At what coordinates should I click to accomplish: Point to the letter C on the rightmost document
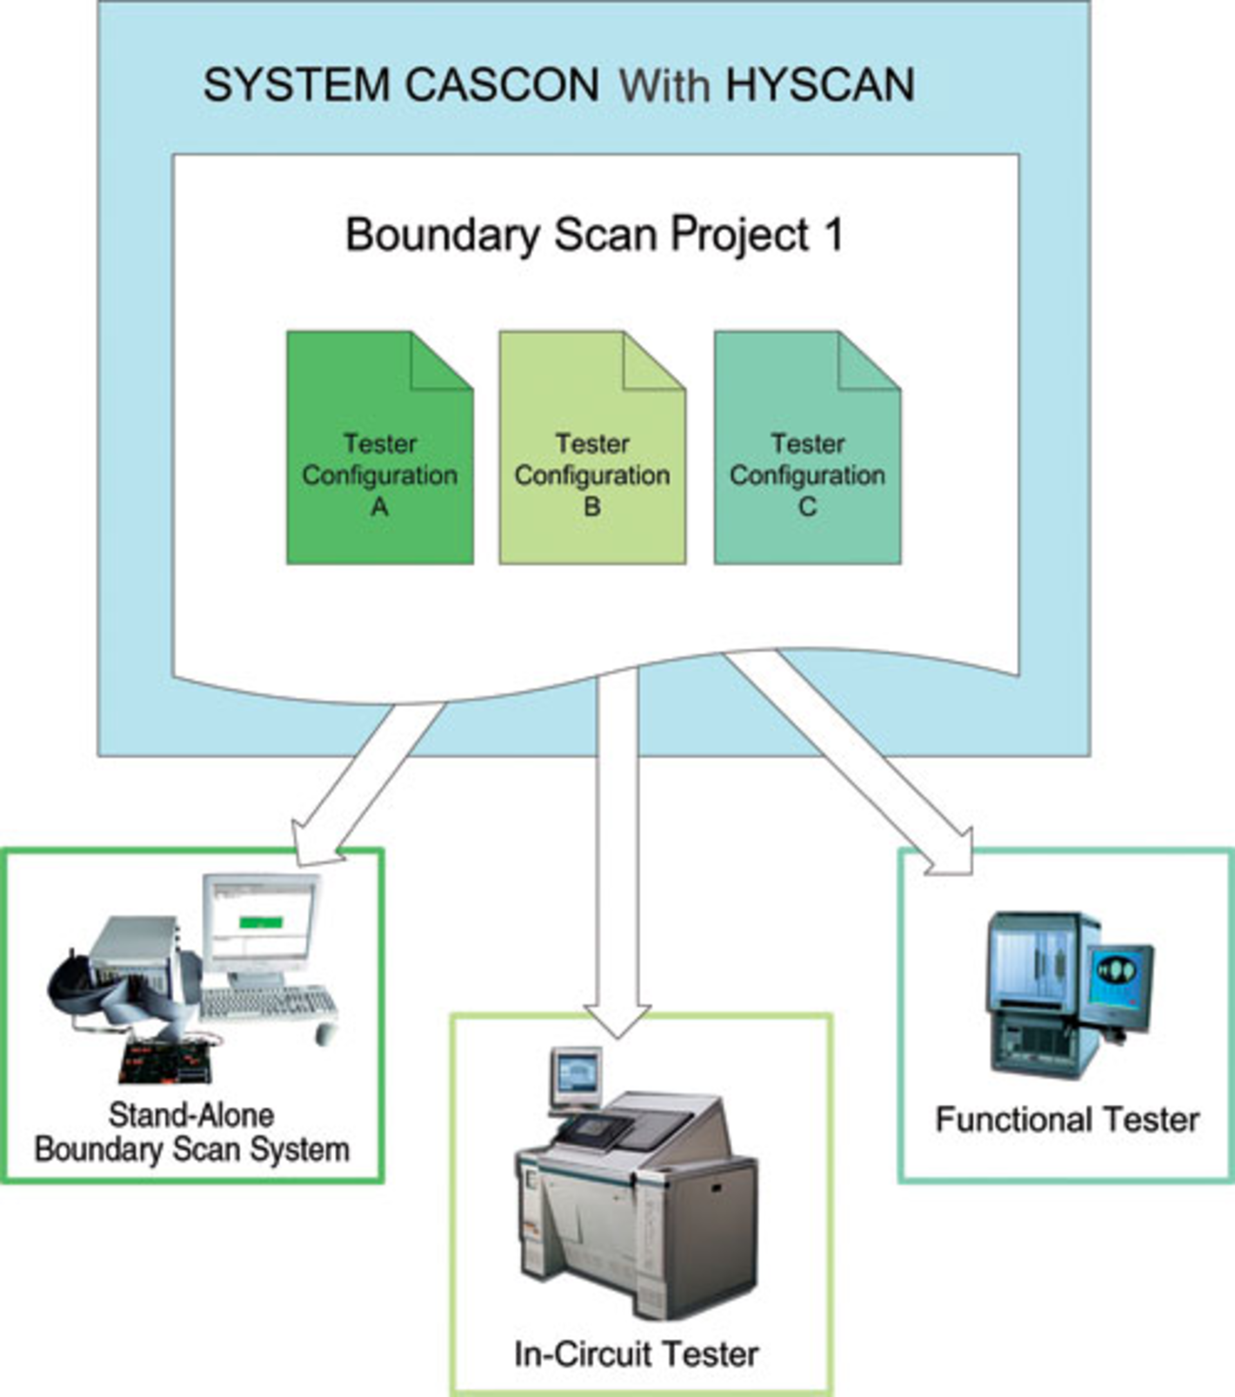point(808,507)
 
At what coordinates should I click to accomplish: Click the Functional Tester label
point(1066,1120)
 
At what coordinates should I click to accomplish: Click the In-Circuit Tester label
point(636,1354)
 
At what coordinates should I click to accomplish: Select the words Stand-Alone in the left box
point(192,1115)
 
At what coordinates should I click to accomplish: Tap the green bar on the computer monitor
point(261,923)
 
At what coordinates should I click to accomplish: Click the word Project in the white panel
point(740,235)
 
